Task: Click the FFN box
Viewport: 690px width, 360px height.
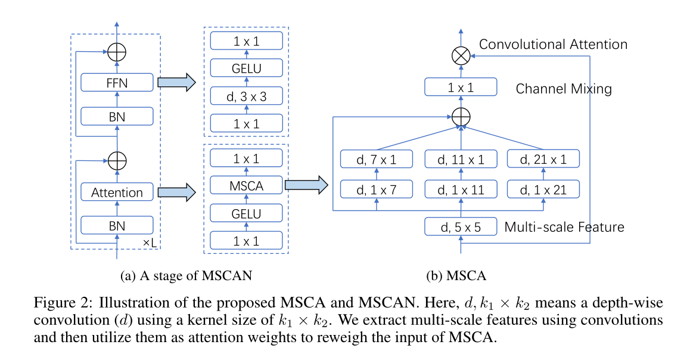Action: coord(117,82)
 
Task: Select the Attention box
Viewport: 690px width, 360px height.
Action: coord(117,192)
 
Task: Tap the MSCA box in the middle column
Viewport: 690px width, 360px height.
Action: coord(247,185)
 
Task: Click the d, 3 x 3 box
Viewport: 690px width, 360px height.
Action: coord(247,96)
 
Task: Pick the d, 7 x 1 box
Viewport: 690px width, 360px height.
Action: coord(376,159)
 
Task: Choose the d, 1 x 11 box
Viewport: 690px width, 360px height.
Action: coord(461,190)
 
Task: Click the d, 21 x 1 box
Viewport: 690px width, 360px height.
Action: coord(543,159)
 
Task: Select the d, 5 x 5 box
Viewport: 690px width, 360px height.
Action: coord(461,226)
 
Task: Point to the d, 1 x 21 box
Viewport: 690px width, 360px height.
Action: coord(543,190)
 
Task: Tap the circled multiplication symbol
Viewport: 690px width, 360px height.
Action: coord(461,56)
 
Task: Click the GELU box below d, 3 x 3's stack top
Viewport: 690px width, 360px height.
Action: coord(247,68)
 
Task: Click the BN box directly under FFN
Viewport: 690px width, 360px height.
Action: coord(117,117)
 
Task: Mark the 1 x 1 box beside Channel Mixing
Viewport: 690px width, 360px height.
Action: coord(461,87)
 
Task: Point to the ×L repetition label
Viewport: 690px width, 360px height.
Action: coord(150,243)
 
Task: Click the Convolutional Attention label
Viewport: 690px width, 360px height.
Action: coord(553,44)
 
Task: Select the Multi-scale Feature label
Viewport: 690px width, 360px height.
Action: coord(564,226)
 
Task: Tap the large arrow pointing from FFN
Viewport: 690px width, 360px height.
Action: coord(176,82)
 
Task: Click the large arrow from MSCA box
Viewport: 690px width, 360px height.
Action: coord(306,185)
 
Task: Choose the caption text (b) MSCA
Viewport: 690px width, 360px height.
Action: coord(456,276)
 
